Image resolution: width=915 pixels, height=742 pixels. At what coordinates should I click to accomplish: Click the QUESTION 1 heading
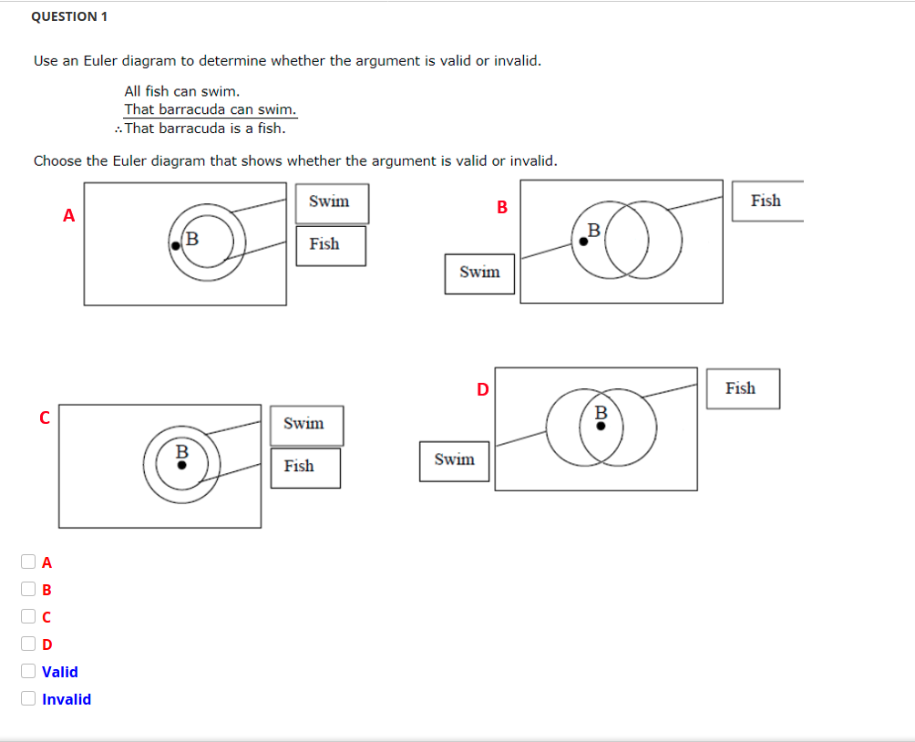tap(69, 16)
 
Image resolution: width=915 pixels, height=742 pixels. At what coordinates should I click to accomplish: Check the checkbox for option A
tap(29, 562)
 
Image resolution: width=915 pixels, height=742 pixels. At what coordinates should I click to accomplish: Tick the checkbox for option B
tap(29, 589)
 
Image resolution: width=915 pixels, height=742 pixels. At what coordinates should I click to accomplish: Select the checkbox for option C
tap(29, 616)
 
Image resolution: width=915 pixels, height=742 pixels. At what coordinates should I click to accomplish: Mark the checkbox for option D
tap(29, 644)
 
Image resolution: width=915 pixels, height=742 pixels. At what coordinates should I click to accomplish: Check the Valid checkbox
tap(29, 671)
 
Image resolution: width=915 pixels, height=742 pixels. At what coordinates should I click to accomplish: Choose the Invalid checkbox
tap(29, 698)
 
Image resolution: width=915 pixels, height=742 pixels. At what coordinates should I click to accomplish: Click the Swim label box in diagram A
tap(332, 202)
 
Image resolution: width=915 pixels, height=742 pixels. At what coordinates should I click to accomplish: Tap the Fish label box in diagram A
tap(331, 245)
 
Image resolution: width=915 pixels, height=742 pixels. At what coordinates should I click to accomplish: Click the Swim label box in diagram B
tap(479, 273)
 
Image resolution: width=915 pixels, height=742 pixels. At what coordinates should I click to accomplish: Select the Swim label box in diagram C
tap(306, 425)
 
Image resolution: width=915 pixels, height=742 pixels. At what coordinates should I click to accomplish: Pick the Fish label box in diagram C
tap(305, 467)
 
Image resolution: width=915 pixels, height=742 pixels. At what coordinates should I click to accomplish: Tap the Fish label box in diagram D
tap(742, 388)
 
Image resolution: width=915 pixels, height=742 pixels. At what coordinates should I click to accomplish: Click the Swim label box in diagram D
tap(454, 459)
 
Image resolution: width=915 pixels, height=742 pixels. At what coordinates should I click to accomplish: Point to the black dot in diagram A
tap(175, 244)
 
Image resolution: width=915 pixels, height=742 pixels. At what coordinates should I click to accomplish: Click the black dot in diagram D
tap(600, 426)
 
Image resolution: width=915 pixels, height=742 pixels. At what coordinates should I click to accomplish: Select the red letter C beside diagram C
tap(43, 417)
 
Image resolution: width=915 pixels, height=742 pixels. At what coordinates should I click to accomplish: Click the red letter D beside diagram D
tap(482, 390)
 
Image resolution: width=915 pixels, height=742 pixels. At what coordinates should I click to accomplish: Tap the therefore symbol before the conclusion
tap(119, 129)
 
